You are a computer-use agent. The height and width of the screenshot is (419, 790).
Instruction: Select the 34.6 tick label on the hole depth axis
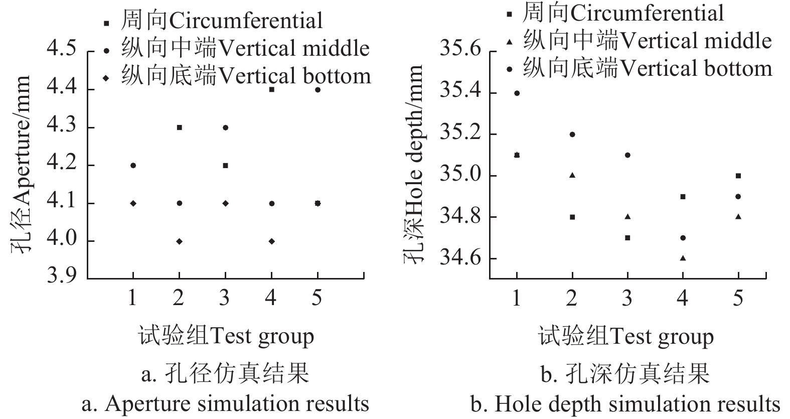pyautogui.click(x=460, y=258)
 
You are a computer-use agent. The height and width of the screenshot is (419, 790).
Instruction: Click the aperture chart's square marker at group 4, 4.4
pyautogui.click(x=271, y=90)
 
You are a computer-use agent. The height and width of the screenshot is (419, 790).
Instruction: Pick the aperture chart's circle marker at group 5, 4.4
pyautogui.click(x=318, y=90)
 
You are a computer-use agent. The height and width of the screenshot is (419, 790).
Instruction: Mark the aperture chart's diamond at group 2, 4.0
pyautogui.click(x=179, y=241)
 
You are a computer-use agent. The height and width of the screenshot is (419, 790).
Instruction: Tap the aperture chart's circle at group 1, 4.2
pyautogui.click(x=133, y=166)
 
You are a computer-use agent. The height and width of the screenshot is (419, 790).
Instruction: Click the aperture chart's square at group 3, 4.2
pyautogui.click(x=225, y=166)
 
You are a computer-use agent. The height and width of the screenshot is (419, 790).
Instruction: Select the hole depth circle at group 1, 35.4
pyautogui.click(x=517, y=93)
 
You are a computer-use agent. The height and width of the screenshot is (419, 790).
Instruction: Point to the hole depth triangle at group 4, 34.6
pyautogui.click(x=683, y=258)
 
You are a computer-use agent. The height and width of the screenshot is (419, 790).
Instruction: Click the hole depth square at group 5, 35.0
pyautogui.click(x=738, y=176)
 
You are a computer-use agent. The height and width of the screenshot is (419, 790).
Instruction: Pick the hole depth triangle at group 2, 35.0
pyautogui.click(x=572, y=175)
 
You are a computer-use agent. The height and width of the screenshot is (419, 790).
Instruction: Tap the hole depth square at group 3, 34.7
pyautogui.click(x=627, y=237)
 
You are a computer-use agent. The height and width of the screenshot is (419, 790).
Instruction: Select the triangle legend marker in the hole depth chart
pyautogui.click(x=510, y=42)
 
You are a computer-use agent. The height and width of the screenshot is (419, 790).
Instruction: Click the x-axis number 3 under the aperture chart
pyautogui.click(x=225, y=299)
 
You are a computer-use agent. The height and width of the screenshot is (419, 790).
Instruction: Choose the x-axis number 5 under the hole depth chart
pyautogui.click(x=738, y=299)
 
